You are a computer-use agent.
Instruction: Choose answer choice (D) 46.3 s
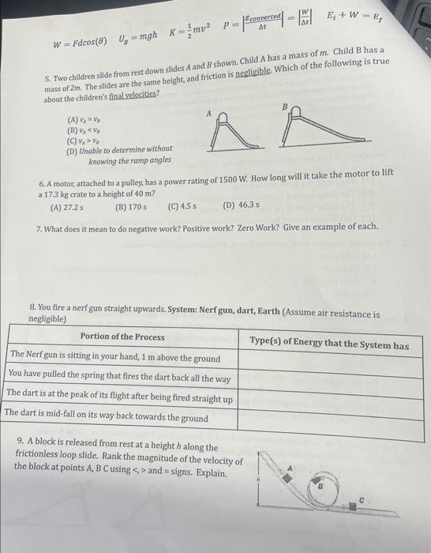coord(242,205)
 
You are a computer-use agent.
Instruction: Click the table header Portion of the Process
coord(122,337)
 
